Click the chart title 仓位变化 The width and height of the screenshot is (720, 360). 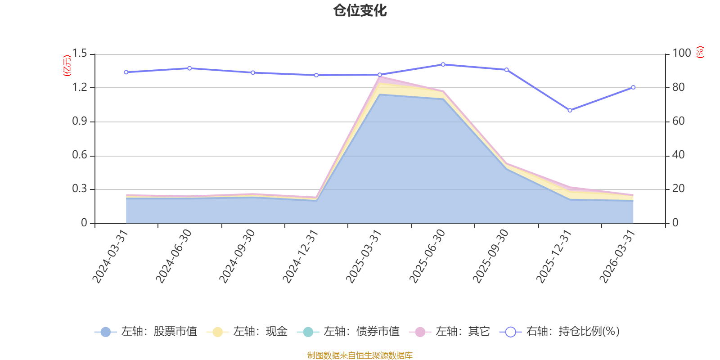tap(360, 10)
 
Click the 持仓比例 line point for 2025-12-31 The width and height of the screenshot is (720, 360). tap(570, 110)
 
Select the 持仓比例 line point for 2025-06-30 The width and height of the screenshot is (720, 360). tap(443, 64)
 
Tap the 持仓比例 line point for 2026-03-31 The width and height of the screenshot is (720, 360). tap(633, 87)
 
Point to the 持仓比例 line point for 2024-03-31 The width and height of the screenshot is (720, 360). tap(126, 72)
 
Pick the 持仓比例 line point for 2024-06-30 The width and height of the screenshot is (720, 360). tap(189, 68)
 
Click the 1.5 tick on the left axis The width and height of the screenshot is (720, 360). tap(80, 54)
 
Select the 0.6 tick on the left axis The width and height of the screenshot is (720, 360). tap(80, 155)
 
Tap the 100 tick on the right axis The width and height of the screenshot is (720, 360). tap(681, 53)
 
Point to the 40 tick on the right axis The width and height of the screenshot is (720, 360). tap(679, 155)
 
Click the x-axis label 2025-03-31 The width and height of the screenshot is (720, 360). tap(364, 256)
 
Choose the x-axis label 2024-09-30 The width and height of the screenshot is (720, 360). tap(237, 256)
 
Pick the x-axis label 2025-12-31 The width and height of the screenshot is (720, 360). tap(553, 256)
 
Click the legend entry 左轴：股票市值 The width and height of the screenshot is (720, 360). tap(146, 332)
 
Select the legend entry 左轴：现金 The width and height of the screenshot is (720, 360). tap(247, 332)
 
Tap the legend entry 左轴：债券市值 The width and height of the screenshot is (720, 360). tap(349, 332)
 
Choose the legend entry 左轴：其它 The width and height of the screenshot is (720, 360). tap(450, 332)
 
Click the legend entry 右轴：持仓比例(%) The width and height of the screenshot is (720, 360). tap(560, 332)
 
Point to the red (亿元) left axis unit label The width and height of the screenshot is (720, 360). tap(67, 66)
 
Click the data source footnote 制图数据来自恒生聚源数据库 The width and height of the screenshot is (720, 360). tap(360, 355)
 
